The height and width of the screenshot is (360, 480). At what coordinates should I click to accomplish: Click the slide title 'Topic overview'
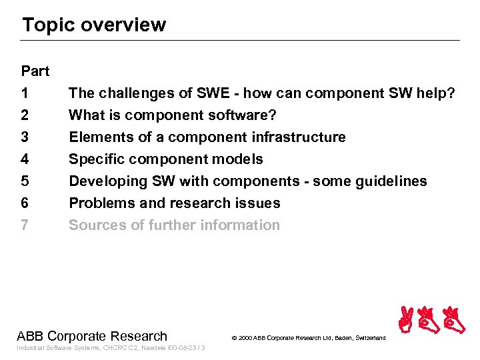[93, 25]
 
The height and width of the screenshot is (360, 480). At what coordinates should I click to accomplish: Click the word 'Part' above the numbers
[35, 71]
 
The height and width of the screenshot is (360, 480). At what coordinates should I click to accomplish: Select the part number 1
[25, 93]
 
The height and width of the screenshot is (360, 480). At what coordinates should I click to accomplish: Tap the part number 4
[25, 159]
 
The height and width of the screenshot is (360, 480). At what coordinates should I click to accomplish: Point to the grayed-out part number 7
[25, 225]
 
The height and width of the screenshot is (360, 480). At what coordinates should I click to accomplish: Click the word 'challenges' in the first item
[133, 93]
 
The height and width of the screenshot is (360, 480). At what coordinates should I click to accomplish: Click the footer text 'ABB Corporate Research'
[92, 336]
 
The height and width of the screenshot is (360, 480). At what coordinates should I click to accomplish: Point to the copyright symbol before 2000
[234, 339]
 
